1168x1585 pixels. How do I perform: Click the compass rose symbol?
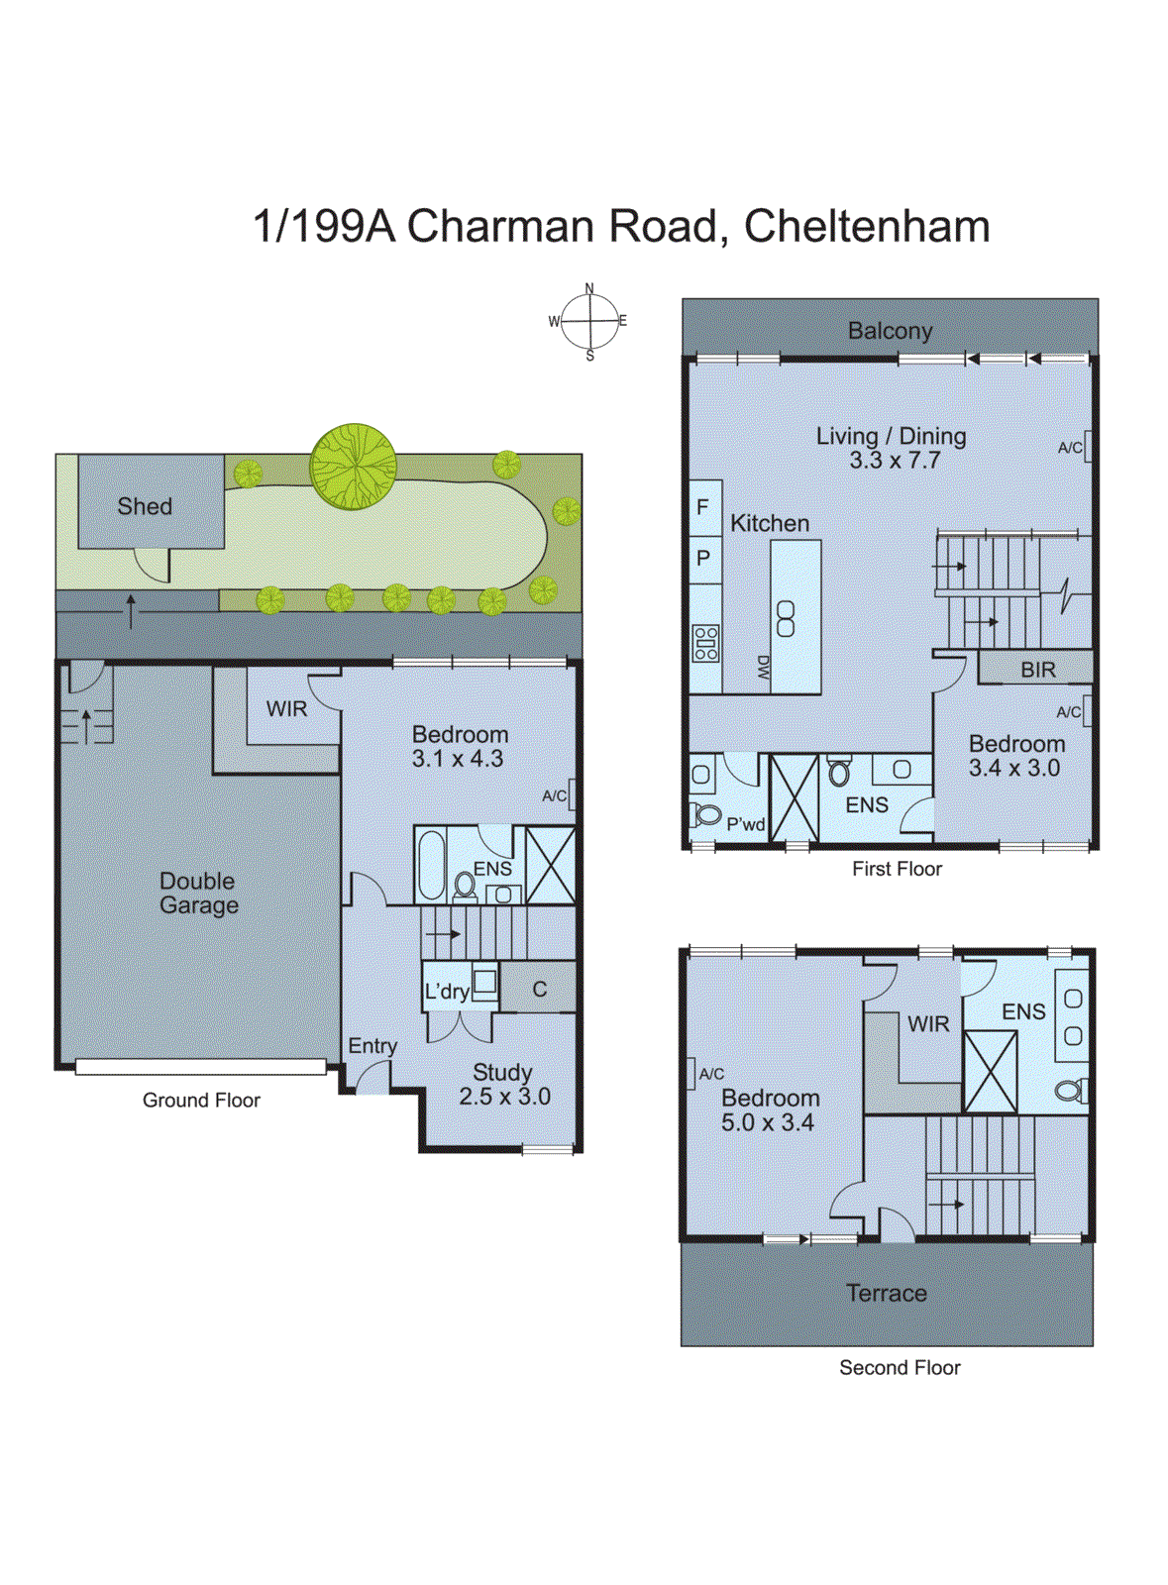pos(589,321)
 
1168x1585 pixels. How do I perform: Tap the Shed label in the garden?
pos(145,506)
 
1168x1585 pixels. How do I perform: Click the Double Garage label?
pos(198,893)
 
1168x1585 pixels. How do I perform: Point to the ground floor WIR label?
pos(286,709)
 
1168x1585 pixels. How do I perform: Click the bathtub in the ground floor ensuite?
pos(432,864)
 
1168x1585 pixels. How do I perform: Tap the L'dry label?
pos(446,992)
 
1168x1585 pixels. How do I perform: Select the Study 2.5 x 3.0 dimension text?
pos(504,1097)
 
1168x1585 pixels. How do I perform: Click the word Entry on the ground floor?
pos(372,1046)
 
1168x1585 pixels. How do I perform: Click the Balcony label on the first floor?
pos(890,331)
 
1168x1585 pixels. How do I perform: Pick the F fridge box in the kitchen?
pos(703,507)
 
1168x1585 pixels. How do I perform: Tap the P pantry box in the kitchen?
pos(703,558)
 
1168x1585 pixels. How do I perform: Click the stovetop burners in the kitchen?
pos(705,643)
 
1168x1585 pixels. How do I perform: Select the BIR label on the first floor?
pos(1037,670)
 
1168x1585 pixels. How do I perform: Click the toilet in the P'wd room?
pos(707,814)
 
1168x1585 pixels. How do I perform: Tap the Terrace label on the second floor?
pos(886,1293)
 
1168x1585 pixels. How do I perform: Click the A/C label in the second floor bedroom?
pos(711,1074)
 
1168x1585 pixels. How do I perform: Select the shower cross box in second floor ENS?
pos(990,1071)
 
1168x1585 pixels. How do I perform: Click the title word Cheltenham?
pos(867,226)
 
